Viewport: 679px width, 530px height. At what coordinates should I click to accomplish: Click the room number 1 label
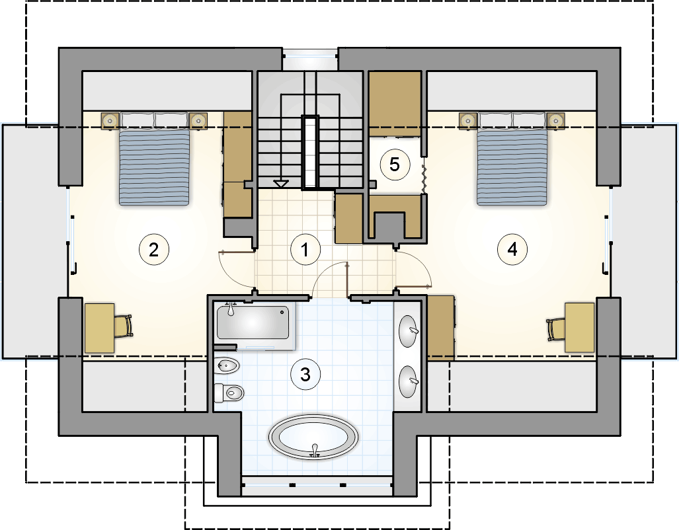click(305, 249)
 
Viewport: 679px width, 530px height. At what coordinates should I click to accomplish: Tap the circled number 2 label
click(154, 249)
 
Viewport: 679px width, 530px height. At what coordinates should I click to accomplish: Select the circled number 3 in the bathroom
click(305, 374)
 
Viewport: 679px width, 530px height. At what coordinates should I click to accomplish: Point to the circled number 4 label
click(512, 249)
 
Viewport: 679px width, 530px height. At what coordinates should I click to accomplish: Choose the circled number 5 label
click(395, 165)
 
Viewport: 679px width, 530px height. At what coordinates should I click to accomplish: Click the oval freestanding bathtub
click(314, 437)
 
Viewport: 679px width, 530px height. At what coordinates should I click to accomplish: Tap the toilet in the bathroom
click(229, 393)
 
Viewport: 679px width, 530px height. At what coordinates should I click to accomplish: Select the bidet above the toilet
click(227, 366)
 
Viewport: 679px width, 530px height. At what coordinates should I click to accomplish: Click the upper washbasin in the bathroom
click(409, 331)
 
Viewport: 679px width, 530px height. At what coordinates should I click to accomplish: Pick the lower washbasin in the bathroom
click(409, 381)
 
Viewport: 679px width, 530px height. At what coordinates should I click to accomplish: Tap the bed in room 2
click(155, 159)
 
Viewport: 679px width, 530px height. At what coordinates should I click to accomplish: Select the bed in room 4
click(512, 159)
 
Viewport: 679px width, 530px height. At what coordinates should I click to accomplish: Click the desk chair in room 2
click(124, 326)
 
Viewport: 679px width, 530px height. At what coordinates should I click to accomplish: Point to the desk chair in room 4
click(556, 330)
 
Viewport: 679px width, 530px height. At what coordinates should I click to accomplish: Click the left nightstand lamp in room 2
click(110, 120)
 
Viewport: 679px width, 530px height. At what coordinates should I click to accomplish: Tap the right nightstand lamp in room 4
click(555, 120)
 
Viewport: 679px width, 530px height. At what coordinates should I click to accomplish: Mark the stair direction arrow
click(280, 184)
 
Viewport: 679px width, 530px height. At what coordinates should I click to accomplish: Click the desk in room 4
click(579, 327)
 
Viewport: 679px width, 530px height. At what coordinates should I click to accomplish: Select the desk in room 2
click(100, 328)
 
